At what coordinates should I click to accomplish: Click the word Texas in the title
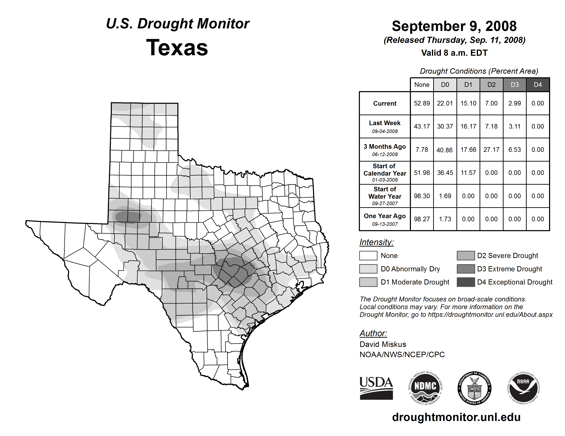(177, 48)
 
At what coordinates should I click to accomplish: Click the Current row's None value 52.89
(422, 103)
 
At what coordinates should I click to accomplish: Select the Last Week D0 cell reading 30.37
(445, 126)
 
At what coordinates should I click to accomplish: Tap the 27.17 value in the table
(491, 150)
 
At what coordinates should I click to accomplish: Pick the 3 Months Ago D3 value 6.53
(514, 150)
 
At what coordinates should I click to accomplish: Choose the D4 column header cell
(538, 85)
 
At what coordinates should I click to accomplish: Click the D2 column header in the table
(491, 85)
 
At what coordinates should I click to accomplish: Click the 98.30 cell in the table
(422, 196)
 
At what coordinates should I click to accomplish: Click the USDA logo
(376, 388)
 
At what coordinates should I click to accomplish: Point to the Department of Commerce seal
(474, 388)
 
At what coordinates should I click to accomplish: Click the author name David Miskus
(383, 344)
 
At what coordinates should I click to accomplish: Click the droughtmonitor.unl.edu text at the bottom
(456, 417)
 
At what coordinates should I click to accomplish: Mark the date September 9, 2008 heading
(454, 26)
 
